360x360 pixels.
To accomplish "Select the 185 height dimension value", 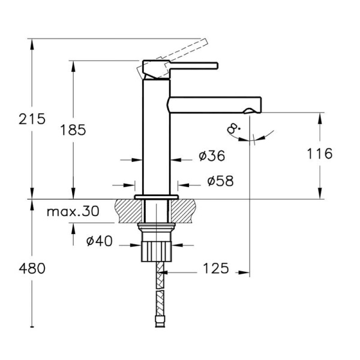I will [73, 129].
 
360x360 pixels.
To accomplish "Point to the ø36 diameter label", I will [211, 156].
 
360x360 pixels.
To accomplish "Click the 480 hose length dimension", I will [32, 268].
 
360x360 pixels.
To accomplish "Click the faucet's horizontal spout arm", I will [216, 103].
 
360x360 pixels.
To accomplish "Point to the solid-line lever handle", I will [192, 65].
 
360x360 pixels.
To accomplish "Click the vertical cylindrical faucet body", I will [157, 138].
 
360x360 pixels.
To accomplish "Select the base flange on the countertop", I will [157, 197].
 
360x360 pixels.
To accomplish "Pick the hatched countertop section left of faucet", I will [123, 211].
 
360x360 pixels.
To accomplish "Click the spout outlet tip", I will [254, 109].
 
